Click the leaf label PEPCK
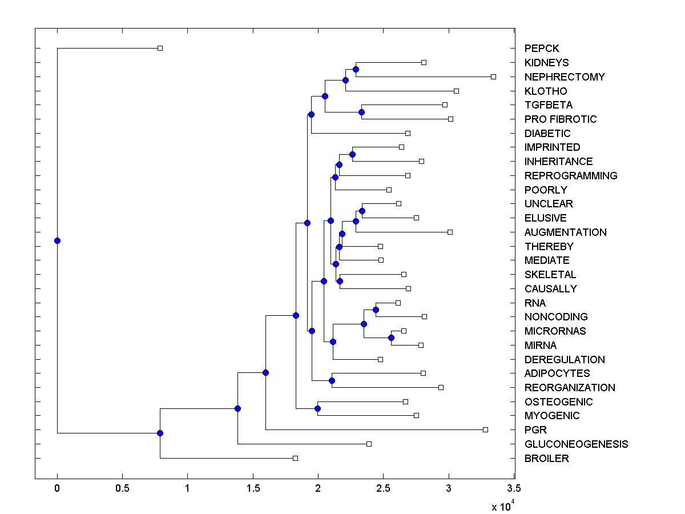[x=541, y=49]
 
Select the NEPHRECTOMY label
[x=564, y=77]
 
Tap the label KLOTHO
[x=545, y=91]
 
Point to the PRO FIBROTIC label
[x=560, y=119]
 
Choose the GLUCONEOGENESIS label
[x=575, y=444]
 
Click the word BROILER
[x=546, y=458]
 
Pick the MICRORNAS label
[x=555, y=331]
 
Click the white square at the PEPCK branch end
[x=160, y=48]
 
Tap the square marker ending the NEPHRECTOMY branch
[x=494, y=77]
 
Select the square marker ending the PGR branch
[x=485, y=429]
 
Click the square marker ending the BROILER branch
[x=295, y=458]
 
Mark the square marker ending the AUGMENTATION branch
[x=450, y=232]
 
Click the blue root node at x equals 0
[x=57, y=240]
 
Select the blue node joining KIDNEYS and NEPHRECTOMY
[x=356, y=69]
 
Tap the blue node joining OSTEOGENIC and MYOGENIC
[x=317, y=408]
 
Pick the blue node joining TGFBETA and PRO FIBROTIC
[x=361, y=112]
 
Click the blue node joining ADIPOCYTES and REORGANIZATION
[x=332, y=380]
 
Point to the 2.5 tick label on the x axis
[x=383, y=489]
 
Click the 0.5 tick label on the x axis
[x=122, y=489]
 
